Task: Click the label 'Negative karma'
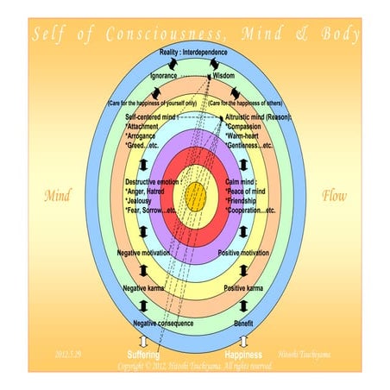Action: tap(144, 287)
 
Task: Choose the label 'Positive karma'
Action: tap(242, 287)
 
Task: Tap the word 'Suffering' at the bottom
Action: tap(143, 355)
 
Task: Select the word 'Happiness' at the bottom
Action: tap(243, 355)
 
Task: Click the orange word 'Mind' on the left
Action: tap(57, 197)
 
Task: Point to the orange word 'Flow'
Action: tap(334, 197)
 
